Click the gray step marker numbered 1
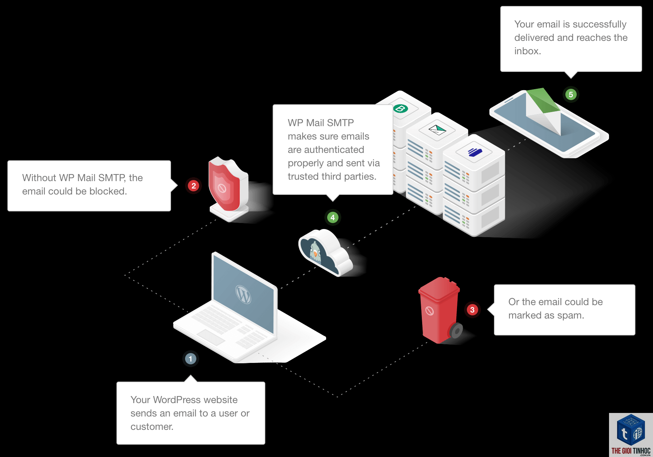190,359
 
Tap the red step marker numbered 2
194,186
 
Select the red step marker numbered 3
472,310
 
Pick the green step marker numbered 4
332,217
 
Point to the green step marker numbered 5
571,94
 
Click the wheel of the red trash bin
456,331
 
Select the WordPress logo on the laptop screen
243,294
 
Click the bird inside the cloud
315,252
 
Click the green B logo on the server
400,109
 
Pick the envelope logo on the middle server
437,130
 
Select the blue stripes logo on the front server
475,152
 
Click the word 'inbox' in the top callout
526,51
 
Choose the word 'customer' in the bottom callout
151,427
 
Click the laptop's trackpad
211,337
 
